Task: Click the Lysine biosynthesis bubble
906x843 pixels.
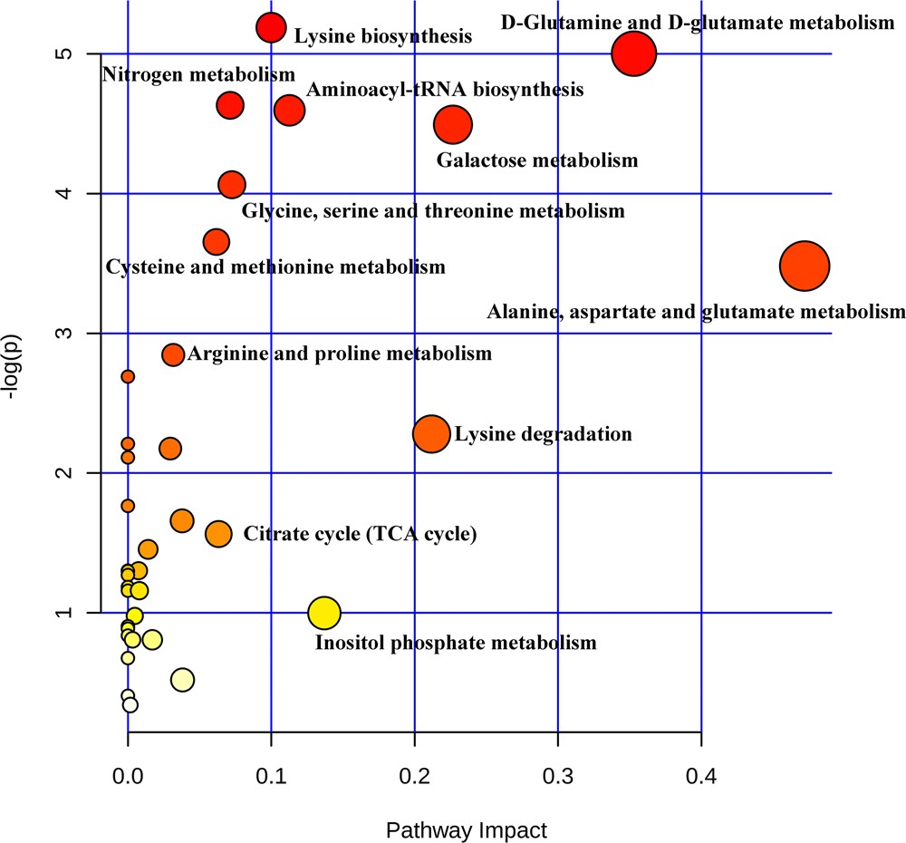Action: (271, 28)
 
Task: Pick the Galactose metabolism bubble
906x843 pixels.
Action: (453, 125)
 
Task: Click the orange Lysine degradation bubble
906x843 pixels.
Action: (431, 434)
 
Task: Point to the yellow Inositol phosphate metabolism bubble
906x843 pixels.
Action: (323, 614)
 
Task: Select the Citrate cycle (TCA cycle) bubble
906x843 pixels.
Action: (218, 534)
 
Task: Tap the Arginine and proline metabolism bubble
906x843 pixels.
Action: (173, 354)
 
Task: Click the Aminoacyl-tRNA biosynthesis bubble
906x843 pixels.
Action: (289, 111)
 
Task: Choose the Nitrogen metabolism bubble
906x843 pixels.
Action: (230, 105)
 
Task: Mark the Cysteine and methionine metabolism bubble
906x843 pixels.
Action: (216, 242)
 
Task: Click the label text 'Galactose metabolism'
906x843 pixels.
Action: (537, 161)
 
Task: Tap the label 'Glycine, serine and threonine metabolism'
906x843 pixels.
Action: (433, 212)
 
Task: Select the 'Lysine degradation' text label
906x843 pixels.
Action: (543, 434)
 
